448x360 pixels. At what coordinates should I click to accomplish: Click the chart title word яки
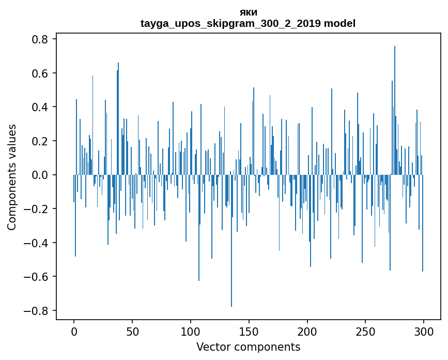coord(249,12)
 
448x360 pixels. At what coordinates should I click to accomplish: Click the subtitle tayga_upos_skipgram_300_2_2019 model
coord(249,23)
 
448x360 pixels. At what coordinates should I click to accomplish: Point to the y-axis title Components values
coord(12,177)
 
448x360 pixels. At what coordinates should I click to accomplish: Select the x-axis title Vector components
coord(248,347)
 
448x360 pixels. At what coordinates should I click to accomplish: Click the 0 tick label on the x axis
coord(74,331)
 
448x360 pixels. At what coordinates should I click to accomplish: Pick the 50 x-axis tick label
coord(132,331)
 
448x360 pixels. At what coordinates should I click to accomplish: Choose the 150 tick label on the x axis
coord(249,331)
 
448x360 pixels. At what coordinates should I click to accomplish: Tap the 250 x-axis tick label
coord(365,331)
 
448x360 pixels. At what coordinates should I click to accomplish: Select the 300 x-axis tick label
coord(424,331)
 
